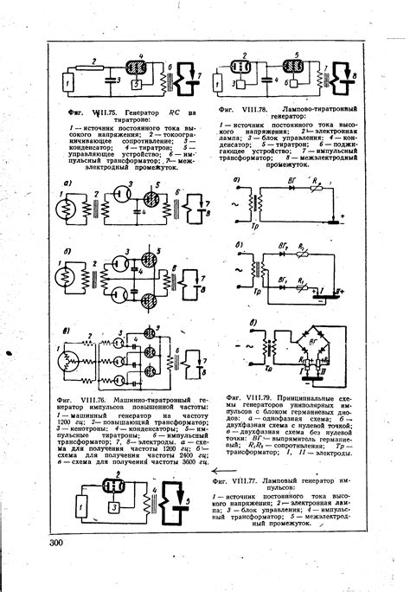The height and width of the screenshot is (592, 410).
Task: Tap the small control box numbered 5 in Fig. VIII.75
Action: coord(135,86)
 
